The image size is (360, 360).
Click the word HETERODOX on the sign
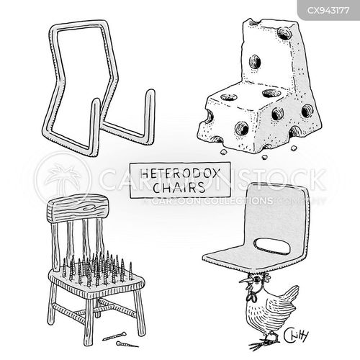[180, 174]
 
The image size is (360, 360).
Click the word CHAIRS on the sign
[179, 187]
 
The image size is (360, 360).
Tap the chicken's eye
[257, 279]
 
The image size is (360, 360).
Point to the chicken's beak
[244, 280]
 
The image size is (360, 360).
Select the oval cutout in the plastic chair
[273, 246]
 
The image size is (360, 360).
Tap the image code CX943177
[328, 11]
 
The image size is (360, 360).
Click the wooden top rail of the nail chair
[77, 209]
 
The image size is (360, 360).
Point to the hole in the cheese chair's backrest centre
[255, 61]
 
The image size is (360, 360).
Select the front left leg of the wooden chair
[88, 319]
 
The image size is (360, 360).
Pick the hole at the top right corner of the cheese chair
[284, 34]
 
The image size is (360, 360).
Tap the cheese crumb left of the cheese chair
[224, 151]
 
